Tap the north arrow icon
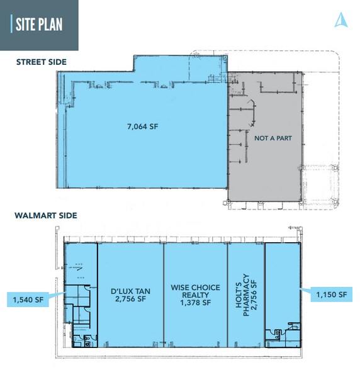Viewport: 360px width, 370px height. point(340,20)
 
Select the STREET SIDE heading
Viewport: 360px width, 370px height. point(42,62)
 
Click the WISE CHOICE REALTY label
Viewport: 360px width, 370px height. point(195,291)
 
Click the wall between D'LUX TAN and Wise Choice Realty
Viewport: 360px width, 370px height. point(164,293)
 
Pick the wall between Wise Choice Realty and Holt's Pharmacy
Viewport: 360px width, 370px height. point(227,293)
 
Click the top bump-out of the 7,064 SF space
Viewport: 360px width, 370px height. point(179,63)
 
